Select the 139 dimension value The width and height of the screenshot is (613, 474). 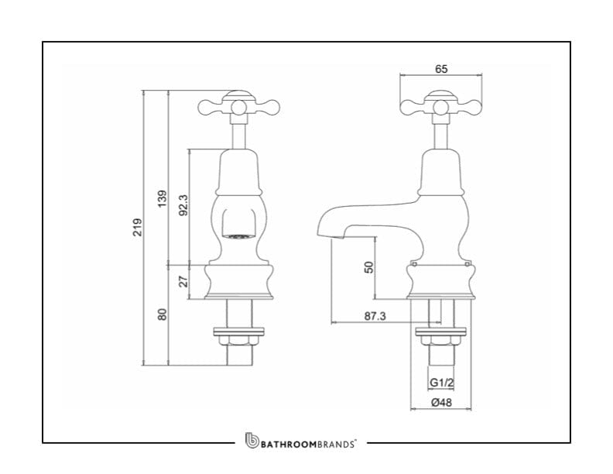162,198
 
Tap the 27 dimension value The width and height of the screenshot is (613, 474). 184,280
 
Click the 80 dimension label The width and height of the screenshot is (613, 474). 162,314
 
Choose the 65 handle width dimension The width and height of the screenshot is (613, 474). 441,69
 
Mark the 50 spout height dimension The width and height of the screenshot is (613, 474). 369,266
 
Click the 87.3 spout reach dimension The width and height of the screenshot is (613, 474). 375,316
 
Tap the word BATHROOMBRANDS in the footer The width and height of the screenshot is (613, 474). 308,444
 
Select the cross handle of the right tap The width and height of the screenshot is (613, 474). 440,106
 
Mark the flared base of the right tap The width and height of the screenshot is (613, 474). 440,282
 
